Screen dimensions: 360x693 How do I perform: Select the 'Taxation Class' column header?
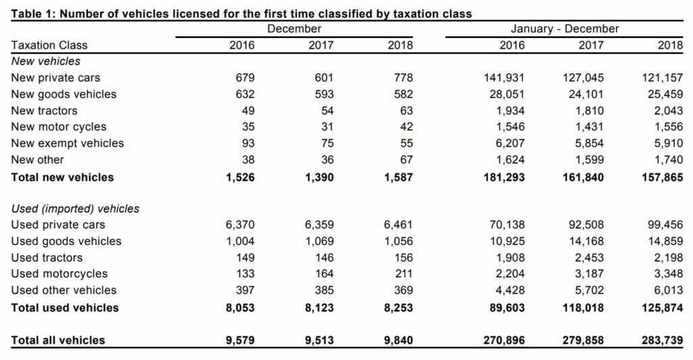point(49,45)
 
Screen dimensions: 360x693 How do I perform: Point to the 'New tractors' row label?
point(44,110)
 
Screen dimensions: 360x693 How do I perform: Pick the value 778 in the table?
point(403,78)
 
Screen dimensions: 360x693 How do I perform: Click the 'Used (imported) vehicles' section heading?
point(75,208)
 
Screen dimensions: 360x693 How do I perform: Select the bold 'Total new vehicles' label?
point(62,177)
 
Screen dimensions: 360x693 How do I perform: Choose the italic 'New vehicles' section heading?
point(45,62)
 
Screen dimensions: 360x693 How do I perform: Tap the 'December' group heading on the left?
point(294,29)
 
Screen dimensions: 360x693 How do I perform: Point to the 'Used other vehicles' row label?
point(64,290)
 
